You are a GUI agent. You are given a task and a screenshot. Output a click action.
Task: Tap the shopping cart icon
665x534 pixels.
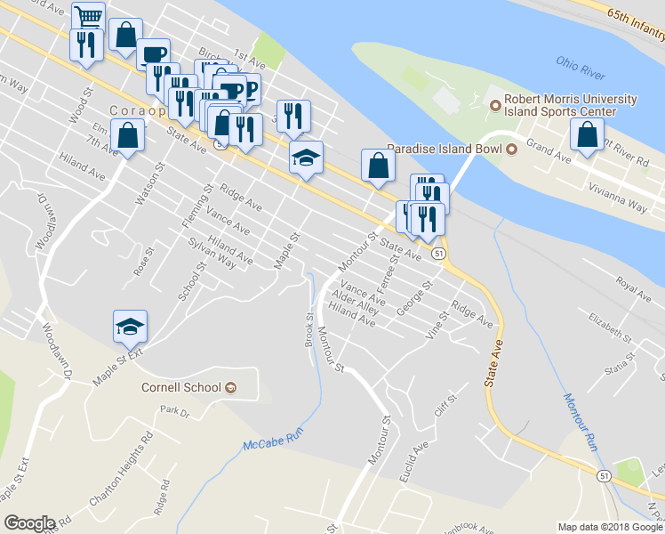pos(88,16)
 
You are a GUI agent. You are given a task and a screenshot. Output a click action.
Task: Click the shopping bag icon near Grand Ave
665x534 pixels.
pos(587,135)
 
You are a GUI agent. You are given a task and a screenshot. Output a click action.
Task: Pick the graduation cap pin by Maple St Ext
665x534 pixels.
pos(130,327)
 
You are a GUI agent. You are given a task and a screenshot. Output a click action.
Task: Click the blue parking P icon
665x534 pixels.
pos(250,90)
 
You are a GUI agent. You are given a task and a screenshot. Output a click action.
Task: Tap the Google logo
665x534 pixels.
pos(29,523)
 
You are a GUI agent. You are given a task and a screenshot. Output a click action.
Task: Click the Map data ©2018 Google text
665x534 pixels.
pos(610,527)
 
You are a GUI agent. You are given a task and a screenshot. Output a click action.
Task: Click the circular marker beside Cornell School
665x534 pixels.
pos(231,387)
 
